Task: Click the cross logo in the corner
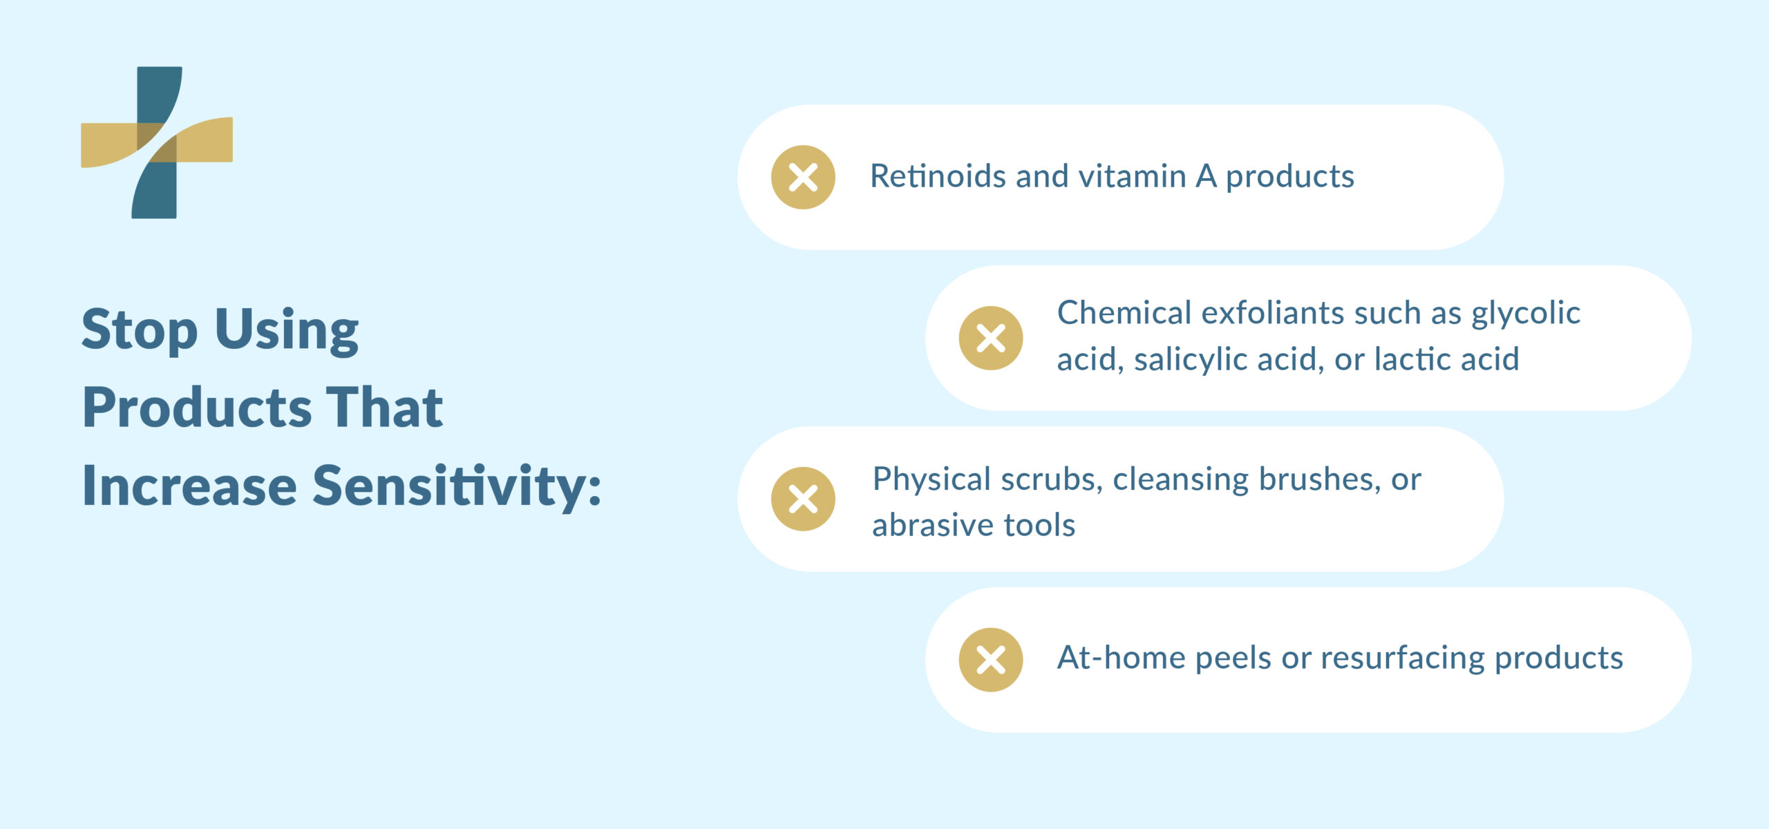[157, 142]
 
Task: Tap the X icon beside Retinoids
[803, 177]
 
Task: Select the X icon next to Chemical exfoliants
[990, 338]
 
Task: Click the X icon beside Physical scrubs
[803, 499]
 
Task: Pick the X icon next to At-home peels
[990, 660]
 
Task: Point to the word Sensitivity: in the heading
[457, 486]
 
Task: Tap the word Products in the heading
[196, 408]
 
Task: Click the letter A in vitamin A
[1206, 176]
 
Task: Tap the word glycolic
[1526, 314]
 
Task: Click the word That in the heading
[384, 408]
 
